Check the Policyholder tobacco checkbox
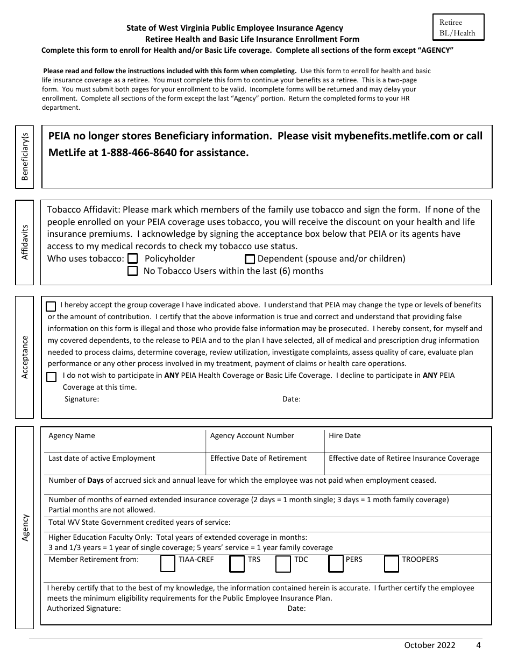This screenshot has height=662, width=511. (132, 259)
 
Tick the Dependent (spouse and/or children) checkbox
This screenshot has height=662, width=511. (250, 259)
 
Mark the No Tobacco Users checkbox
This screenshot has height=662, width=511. (132, 271)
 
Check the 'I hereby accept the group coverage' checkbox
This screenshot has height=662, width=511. (51, 307)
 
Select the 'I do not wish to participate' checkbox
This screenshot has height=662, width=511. (51, 377)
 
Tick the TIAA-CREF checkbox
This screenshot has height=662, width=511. (168, 564)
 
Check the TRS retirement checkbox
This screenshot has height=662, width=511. (237, 564)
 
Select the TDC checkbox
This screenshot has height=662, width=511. (283, 564)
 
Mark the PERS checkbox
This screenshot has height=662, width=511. (336, 564)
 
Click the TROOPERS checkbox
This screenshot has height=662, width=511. (392, 564)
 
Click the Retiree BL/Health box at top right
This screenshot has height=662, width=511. (458, 27)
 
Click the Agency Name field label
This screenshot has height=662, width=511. (72, 435)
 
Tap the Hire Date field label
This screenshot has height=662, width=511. (344, 435)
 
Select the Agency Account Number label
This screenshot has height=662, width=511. (252, 435)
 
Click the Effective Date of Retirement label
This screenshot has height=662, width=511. (258, 458)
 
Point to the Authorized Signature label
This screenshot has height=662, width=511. (84, 608)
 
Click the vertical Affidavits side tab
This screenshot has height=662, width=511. (25, 243)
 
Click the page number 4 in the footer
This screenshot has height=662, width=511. (478, 645)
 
